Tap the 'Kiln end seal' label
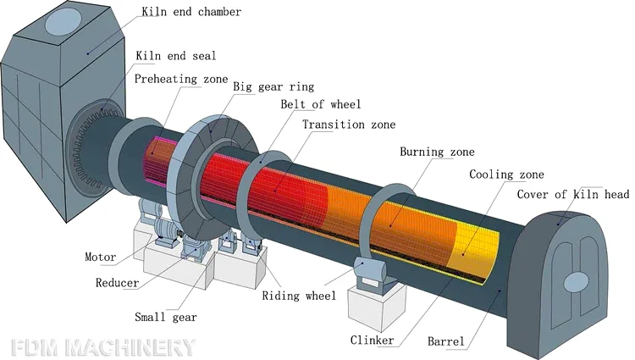tap(175, 56)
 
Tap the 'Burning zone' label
tap(437, 152)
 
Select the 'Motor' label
tap(100, 257)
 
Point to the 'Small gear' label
tap(166, 318)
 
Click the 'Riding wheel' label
tap(298, 296)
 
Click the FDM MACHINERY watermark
tap(103, 346)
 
